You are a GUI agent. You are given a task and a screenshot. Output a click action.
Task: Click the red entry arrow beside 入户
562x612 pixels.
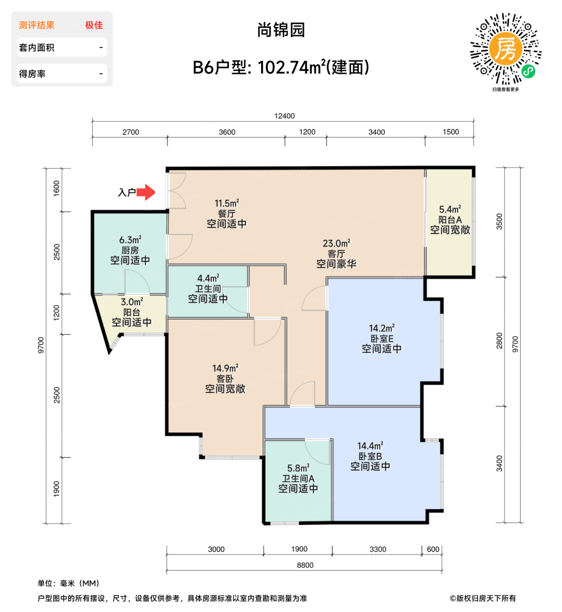(x=147, y=192)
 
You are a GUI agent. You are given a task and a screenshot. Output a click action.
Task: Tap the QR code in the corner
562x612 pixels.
(x=505, y=49)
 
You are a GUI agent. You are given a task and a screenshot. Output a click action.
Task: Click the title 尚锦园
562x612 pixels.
(x=281, y=30)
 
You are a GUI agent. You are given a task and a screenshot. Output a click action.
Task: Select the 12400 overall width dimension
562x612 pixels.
(x=284, y=116)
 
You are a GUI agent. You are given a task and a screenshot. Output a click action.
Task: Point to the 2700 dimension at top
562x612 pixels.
(x=131, y=132)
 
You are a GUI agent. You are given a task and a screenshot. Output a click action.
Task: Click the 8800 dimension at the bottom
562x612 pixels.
(x=305, y=565)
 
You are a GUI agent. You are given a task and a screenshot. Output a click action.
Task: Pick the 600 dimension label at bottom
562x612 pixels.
(x=433, y=549)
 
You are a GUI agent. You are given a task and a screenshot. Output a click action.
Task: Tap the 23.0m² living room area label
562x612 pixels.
(x=336, y=243)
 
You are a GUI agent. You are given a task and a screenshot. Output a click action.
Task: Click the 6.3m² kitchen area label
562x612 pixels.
(x=130, y=240)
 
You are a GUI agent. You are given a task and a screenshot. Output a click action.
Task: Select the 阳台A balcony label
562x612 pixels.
(x=450, y=220)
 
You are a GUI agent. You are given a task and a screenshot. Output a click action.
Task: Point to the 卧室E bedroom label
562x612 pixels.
(x=382, y=339)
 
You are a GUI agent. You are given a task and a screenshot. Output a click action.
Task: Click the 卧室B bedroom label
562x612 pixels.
(x=370, y=456)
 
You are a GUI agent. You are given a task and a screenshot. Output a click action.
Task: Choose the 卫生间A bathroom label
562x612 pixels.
(x=298, y=479)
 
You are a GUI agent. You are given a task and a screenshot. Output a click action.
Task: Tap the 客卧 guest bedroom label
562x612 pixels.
(x=225, y=379)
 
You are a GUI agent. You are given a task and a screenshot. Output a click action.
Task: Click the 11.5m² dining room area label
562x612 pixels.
(x=227, y=203)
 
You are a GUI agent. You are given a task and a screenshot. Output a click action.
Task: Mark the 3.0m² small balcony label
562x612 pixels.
(x=132, y=302)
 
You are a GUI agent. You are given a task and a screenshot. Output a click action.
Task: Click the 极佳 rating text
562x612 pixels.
(x=94, y=25)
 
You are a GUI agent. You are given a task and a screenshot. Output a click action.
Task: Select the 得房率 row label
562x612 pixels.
(x=32, y=74)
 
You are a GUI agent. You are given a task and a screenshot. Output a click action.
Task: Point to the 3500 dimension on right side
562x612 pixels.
(x=499, y=222)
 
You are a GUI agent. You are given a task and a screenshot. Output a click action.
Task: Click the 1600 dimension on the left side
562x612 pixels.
(x=56, y=188)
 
